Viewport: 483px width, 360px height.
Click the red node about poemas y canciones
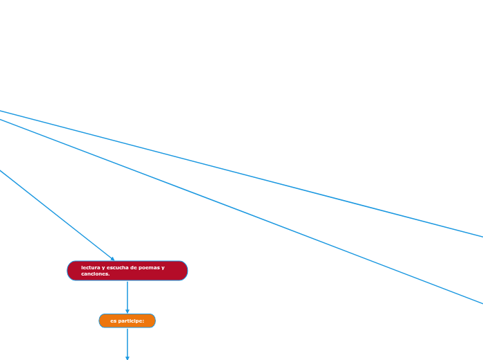pos(128,271)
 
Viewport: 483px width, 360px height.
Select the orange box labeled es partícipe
pos(128,321)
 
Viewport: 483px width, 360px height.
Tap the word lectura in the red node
pos(91,267)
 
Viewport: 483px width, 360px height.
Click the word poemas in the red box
pos(149,267)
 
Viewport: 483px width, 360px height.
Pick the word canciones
pos(95,274)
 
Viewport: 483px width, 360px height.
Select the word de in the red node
pos(133,267)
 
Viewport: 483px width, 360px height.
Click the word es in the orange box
pos(114,321)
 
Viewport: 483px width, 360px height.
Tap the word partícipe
pos(130,321)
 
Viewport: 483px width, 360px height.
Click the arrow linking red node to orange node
pos(128,297)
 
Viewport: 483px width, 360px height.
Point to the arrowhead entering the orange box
pos(128,312)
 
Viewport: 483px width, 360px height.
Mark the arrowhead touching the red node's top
pos(112,259)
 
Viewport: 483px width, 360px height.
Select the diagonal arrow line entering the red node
pos(57,215)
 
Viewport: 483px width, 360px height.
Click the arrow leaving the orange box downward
pos(128,344)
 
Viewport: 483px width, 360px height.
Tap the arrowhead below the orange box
pos(128,358)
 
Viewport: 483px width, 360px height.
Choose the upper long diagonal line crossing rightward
pos(241,174)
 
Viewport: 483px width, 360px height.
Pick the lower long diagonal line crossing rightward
pos(241,211)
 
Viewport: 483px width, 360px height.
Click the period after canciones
pos(109,275)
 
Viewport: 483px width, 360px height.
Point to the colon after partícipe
pos(143,321)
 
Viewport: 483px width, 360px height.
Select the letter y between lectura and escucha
pos(103,268)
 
